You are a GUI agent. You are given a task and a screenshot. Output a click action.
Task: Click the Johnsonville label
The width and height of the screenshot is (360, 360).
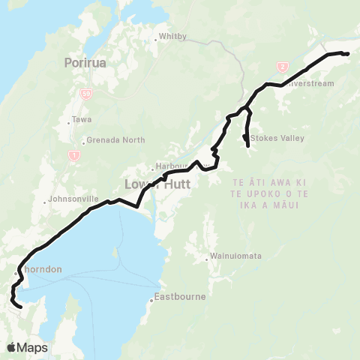[x=73, y=199]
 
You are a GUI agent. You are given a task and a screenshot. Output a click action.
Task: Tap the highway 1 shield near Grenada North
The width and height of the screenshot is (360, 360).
[x=74, y=155]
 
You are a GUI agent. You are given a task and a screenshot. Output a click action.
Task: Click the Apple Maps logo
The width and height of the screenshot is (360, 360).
[x=27, y=347]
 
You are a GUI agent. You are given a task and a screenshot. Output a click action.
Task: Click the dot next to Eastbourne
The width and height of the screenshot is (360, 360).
[x=151, y=301]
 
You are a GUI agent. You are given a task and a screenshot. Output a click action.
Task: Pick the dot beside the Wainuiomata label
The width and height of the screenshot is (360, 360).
[x=208, y=259]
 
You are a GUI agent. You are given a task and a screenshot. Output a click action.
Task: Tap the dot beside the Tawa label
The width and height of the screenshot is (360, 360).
[x=69, y=121]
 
